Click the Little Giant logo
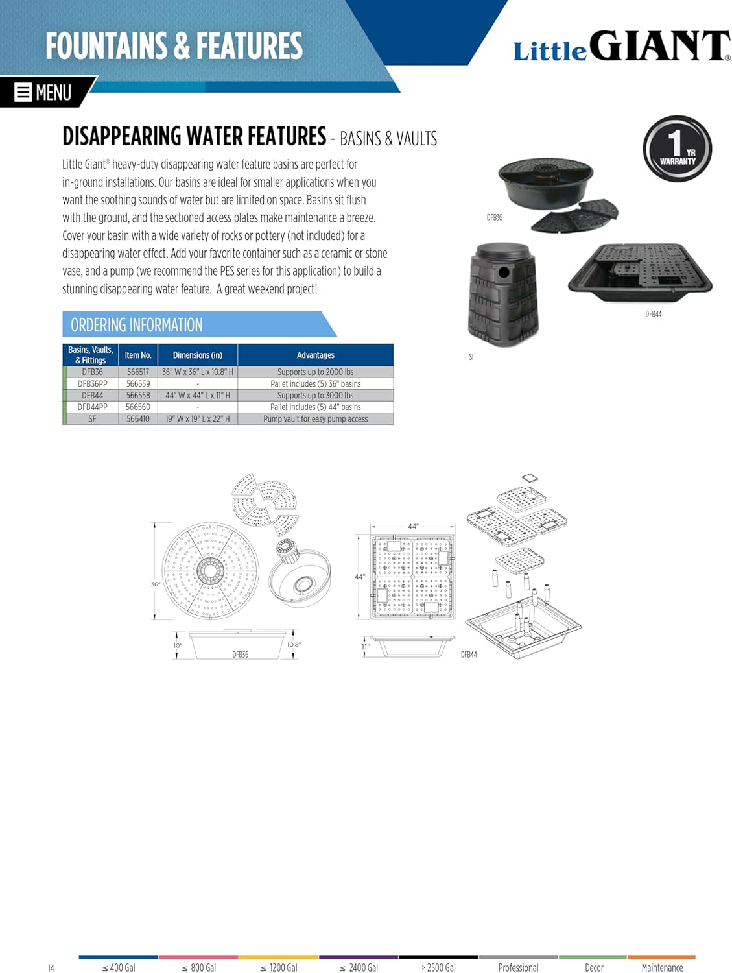[621, 47]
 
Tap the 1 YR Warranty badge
[677, 149]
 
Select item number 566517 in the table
[138, 372]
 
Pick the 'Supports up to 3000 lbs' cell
[315, 396]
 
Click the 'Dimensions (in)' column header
[198, 355]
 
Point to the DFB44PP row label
[93, 407]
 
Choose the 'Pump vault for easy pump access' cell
[315, 419]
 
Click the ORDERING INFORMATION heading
[137, 325]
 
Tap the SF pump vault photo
[502, 295]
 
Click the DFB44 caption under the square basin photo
[653, 314]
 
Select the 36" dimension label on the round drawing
[156, 584]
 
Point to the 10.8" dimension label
[294, 645]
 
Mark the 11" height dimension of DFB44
[366, 647]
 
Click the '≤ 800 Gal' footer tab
[198, 967]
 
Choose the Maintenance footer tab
[662, 967]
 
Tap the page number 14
[51, 968]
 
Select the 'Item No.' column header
[138, 355]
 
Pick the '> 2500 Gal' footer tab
[439, 967]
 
